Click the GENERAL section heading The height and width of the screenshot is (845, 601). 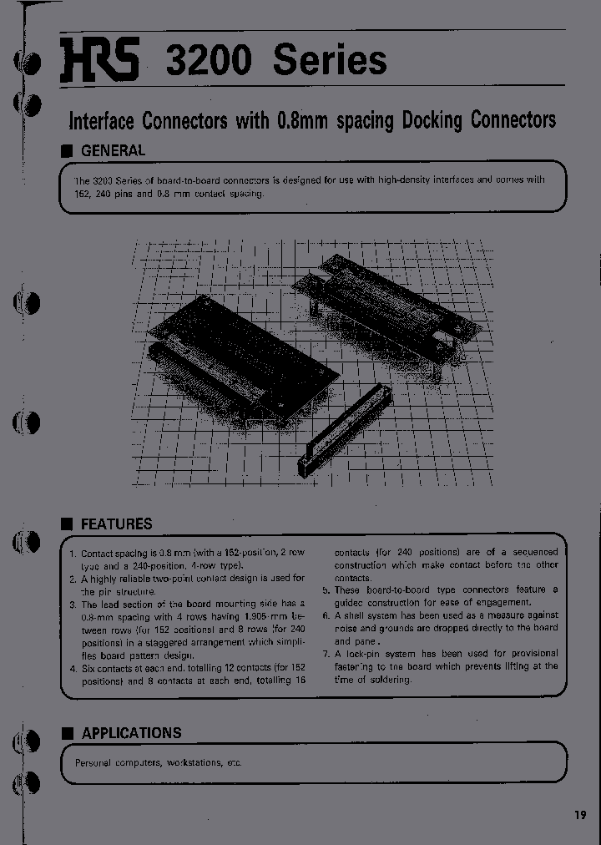[113, 151]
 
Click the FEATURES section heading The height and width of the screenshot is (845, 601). [116, 524]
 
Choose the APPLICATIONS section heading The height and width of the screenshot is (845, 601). [131, 732]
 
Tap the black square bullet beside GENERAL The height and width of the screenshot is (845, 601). [68, 151]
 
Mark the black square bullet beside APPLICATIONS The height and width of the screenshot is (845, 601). [68, 732]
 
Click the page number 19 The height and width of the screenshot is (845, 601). [580, 816]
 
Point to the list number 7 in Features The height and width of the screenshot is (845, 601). [326, 653]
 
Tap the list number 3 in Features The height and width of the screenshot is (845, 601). [73, 604]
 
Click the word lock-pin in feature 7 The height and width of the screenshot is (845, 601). [361, 653]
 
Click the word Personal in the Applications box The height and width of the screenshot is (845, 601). [93, 762]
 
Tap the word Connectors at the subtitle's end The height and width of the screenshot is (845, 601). [513, 120]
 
